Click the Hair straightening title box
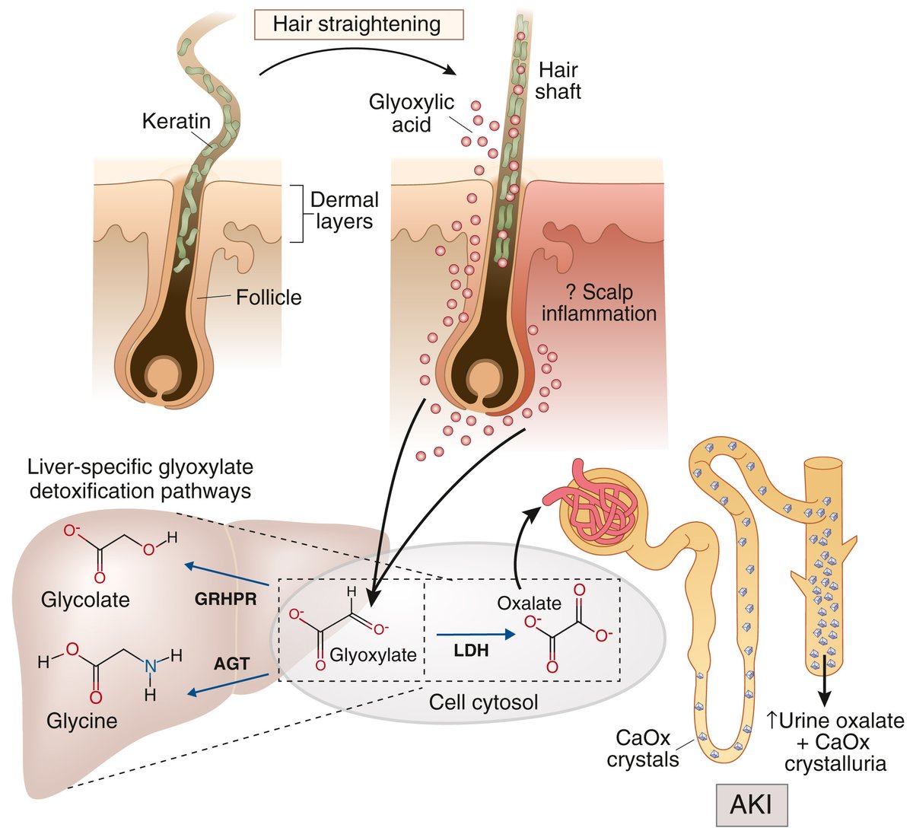click(357, 24)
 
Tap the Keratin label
click(176, 121)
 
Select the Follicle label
click(269, 297)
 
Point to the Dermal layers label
click(344, 211)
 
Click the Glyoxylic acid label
click(411, 113)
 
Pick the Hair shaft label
click(558, 81)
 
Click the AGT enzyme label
click(231, 663)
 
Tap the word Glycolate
click(85, 600)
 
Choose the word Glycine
click(81, 720)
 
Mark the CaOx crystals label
click(643, 749)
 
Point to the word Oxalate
click(529, 603)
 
